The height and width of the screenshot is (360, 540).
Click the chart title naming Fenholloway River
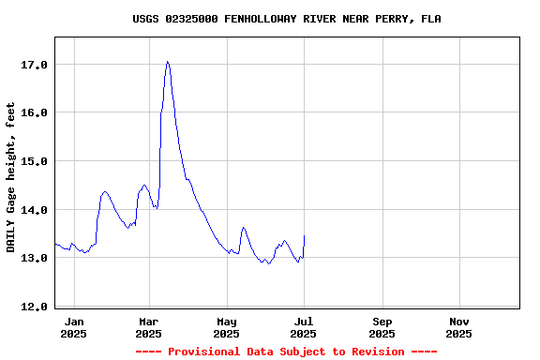[286, 19]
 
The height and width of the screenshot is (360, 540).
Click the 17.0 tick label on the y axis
[34, 65]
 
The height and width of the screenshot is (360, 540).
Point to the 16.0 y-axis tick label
[34, 112]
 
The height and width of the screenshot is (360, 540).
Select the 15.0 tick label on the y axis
[34, 161]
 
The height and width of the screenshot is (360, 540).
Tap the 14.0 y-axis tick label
[34, 209]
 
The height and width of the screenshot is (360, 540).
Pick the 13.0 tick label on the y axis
[34, 258]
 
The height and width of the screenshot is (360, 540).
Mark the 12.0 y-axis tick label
[34, 307]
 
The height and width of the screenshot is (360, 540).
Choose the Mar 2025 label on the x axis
[149, 327]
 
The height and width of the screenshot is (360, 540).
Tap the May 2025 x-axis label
[226, 327]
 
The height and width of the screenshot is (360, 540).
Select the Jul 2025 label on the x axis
[303, 327]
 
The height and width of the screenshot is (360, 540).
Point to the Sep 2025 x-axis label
[382, 327]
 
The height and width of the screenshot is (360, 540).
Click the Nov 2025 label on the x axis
[458, 327]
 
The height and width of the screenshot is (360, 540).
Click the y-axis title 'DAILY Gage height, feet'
[11, 177]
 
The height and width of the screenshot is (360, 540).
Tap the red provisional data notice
[286, 352]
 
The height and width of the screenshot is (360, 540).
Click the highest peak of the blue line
[167, 62]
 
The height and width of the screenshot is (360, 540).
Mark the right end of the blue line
[304, 236]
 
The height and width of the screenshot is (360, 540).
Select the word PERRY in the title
[394, 19]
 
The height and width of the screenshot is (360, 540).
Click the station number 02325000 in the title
[195, 19]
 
